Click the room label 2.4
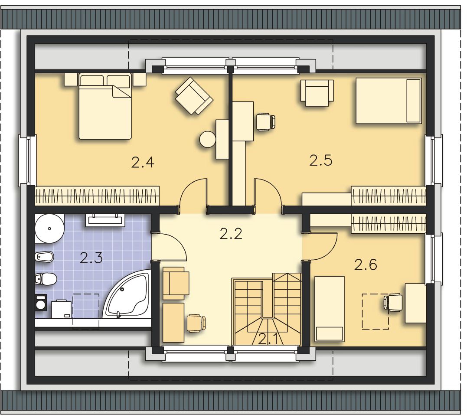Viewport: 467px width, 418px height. coord(143,163)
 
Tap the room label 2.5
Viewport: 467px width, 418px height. coord(321,160)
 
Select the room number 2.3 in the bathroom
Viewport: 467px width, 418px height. coord(91,258)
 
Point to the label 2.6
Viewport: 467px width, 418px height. coord(366,264)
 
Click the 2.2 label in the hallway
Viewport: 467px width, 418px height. coord(231,234)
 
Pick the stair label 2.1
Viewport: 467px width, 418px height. coord(268,339)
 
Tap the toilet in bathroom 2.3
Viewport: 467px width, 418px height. coord(46,279)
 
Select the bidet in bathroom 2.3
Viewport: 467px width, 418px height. coord(44,256)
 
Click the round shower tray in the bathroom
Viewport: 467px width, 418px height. coord(49,229)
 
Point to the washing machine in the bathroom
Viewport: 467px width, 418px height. coord(41,303)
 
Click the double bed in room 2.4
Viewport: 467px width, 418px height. coord(105,106)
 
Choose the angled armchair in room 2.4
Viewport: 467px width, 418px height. coord(194,96)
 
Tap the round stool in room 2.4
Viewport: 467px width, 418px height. coord(208,139)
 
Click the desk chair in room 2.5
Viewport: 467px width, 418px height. coord(266,121)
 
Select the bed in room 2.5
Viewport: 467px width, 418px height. coord(389,101)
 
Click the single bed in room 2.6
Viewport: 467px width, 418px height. coord(330,308)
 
